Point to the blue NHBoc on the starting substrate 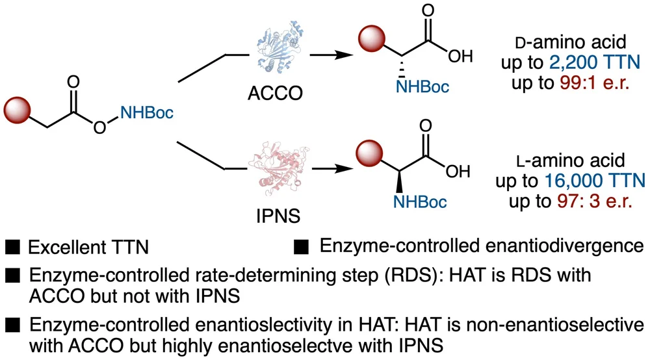click(146, 114)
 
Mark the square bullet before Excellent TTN click(11, 248)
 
